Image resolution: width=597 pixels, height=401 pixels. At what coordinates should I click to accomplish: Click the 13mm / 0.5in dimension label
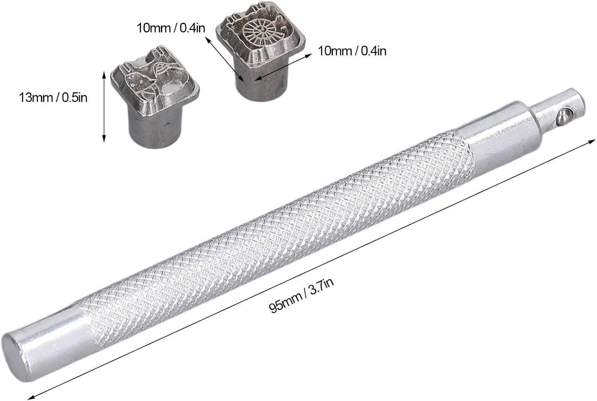(53, 98)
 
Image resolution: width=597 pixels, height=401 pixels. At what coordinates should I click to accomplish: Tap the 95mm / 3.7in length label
(301, 296)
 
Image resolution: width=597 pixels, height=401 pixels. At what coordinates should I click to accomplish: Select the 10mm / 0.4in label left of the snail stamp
(171, 28)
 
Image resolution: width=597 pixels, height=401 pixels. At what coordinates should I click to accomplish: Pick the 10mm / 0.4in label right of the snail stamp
(352, 51)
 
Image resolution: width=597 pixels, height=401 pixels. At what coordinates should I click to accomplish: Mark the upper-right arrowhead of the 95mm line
(592, 141)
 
